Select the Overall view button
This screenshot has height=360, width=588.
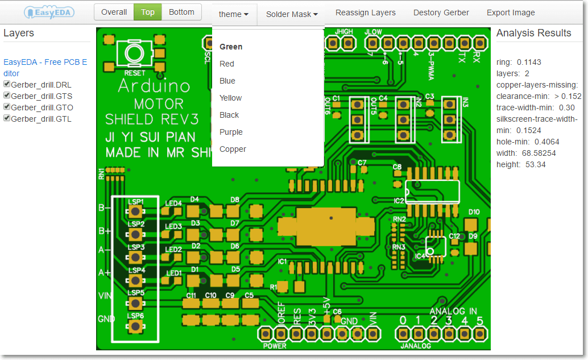point(114,12)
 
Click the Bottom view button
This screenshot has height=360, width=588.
point(181,12)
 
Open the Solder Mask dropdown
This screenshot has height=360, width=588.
point(292,14)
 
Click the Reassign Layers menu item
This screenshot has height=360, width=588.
point(365,13)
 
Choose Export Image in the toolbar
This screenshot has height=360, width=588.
point(510,13)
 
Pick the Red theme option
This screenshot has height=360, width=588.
point(227,64)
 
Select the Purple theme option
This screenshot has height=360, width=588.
point(231,132)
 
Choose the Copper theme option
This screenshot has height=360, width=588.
point(233,149)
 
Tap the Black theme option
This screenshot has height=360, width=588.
point(229,115)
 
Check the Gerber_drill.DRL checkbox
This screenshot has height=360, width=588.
point(7,84)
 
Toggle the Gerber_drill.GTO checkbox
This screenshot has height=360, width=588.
point(7,107)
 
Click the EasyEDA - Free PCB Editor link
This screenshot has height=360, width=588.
point(45,68)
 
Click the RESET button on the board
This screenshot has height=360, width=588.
point(135,55)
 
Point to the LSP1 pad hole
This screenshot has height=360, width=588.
point(135,212)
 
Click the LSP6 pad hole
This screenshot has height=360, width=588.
point(135,326)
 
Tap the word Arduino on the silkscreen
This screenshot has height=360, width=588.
point(154,86)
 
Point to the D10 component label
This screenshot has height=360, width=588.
point(474,212)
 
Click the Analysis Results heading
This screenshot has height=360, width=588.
point(533,33)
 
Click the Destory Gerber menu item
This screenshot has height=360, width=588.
point(441,13)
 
